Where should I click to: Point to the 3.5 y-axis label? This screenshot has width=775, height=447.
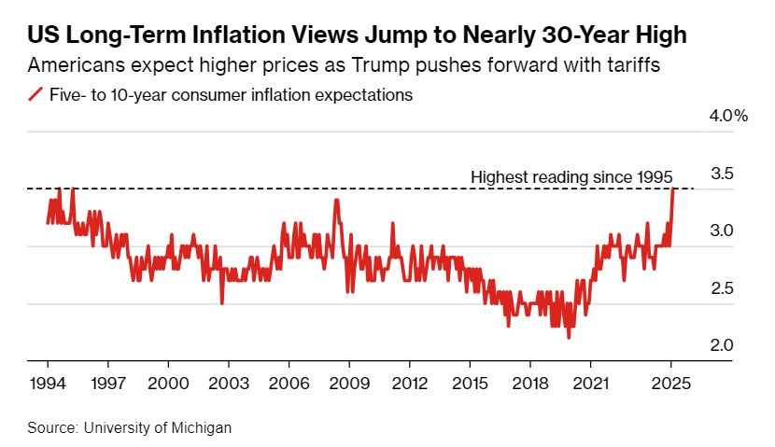point(722,174)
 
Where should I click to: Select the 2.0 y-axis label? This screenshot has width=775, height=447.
point(722,345)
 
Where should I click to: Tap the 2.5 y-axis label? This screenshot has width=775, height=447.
point(722,288)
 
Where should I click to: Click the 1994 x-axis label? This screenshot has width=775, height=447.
point(49,383)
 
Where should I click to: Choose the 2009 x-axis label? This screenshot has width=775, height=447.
point(349,383)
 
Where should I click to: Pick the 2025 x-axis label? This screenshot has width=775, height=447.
point(670,383)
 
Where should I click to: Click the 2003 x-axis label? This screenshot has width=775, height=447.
point(229,383)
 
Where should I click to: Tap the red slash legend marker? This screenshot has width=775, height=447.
point(35,95)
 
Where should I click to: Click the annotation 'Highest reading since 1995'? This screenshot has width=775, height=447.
point(571,177)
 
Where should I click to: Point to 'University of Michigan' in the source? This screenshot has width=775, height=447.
point(157,427)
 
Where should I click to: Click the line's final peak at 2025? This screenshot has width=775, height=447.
point(672,189)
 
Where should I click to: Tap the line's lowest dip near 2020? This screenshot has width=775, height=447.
point(569,337)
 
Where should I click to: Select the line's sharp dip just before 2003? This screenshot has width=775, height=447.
point(222,302)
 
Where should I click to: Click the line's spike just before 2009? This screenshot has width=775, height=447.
point(336,200)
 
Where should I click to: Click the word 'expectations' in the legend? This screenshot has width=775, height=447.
point(366,95)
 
